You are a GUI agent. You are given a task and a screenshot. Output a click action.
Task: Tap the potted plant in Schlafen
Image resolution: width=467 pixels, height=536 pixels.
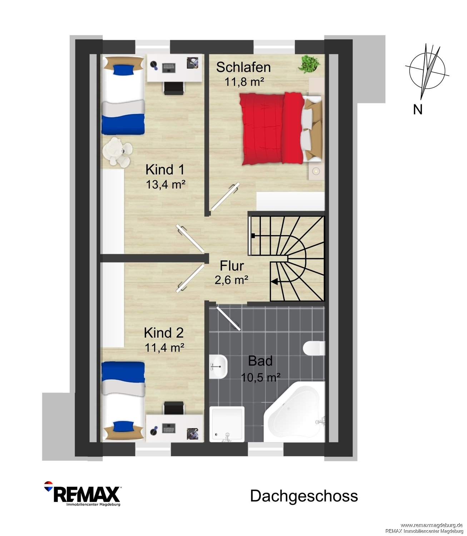coord(309,64)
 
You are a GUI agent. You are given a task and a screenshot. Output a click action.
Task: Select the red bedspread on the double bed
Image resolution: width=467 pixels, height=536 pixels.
coord(272,129)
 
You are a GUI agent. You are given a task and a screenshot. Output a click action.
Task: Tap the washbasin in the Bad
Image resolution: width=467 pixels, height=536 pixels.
coord(218,367)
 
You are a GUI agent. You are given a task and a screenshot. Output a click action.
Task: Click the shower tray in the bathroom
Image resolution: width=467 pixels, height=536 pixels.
coord(227,424)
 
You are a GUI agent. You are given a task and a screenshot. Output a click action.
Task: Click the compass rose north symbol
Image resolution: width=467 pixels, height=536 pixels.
coord(427,71)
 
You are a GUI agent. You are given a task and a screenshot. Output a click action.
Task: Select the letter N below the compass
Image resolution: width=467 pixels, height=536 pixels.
coord(418,109)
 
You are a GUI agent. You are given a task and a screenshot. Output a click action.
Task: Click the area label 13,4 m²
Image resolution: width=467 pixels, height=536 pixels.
coord(165,184)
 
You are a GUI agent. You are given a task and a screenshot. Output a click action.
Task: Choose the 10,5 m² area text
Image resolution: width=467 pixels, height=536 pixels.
coord(260,377)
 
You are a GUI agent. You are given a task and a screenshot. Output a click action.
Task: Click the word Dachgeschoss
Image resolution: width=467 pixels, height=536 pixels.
coord(304,496)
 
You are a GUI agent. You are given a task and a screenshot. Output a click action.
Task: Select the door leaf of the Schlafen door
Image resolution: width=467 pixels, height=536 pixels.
coord(225,197)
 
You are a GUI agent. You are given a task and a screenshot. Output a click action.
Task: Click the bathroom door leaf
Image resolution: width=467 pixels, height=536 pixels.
coord(228,318)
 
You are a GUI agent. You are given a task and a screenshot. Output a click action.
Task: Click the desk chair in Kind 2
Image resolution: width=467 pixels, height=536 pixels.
coord(174,409)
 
